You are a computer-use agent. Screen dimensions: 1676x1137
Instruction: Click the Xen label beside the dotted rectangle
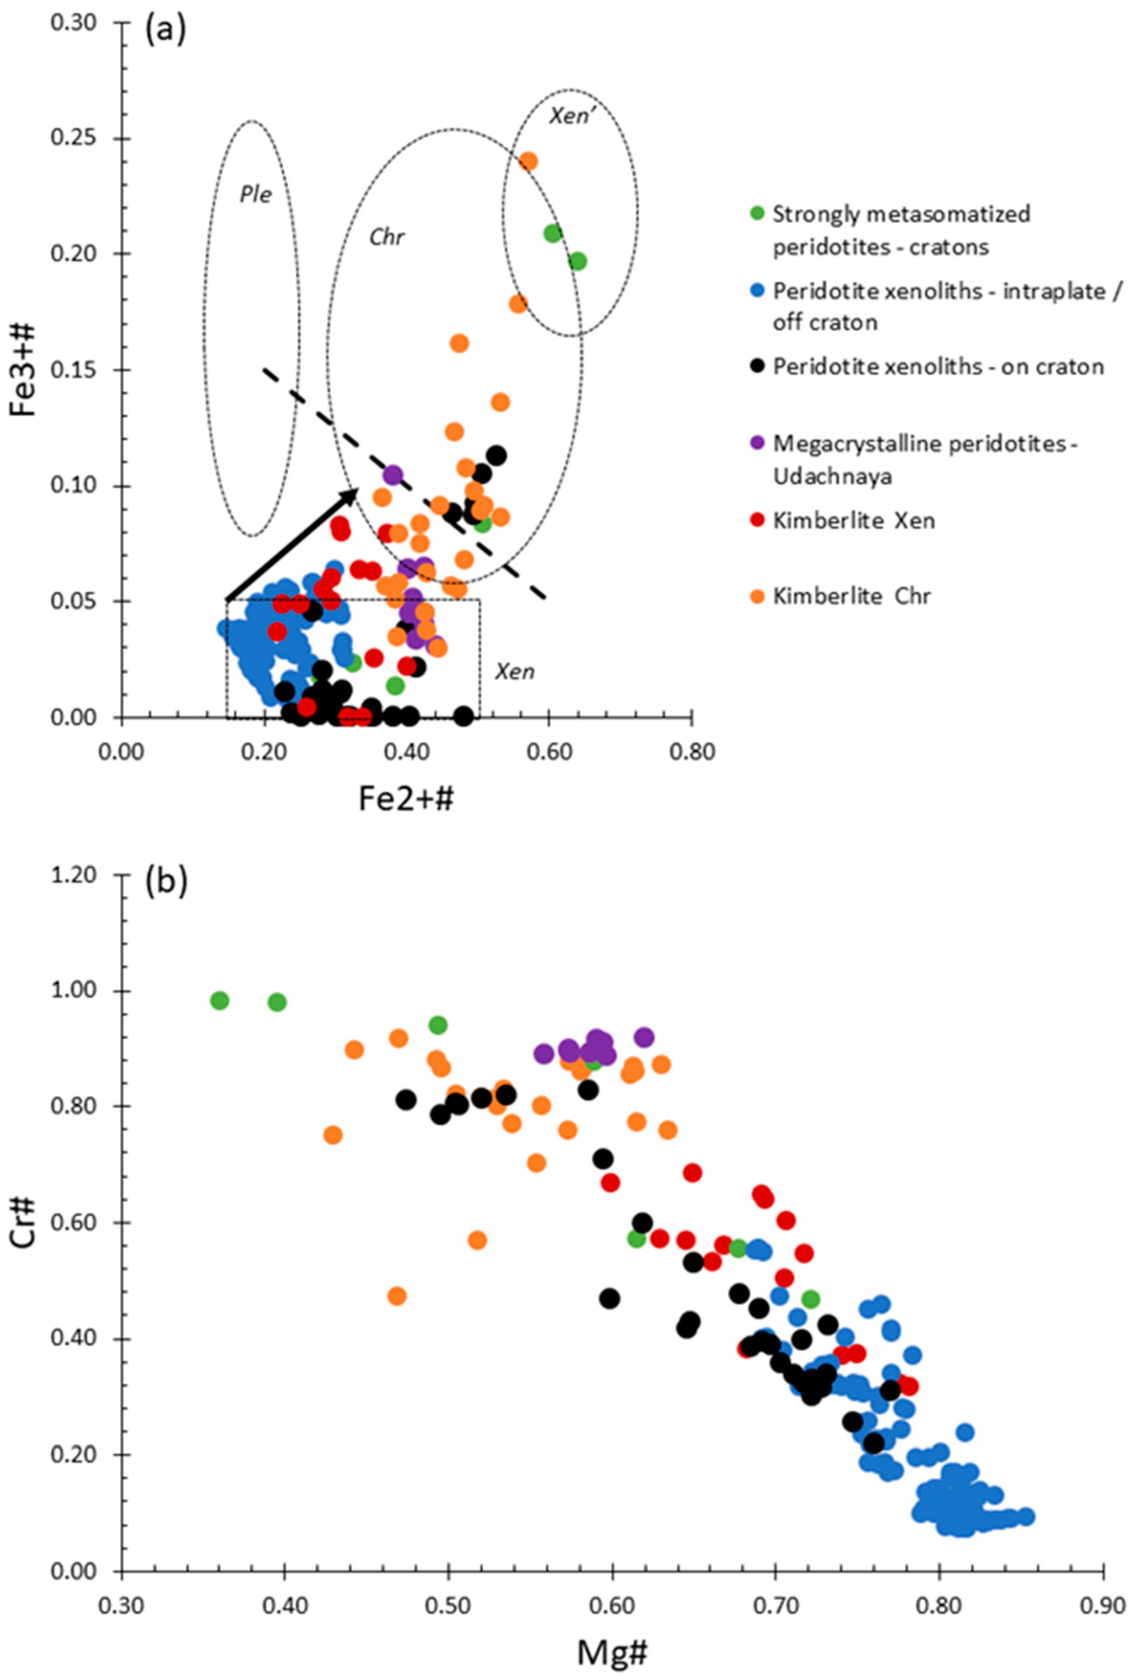click(514, 671)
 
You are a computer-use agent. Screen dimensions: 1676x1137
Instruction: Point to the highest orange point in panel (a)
click(528, 161)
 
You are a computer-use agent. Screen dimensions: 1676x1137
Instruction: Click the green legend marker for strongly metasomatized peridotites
click(757, 213)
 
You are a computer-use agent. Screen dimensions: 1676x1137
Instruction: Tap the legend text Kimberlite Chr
click(851, 596)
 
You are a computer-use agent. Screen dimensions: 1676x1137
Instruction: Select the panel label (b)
click(166, 881)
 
